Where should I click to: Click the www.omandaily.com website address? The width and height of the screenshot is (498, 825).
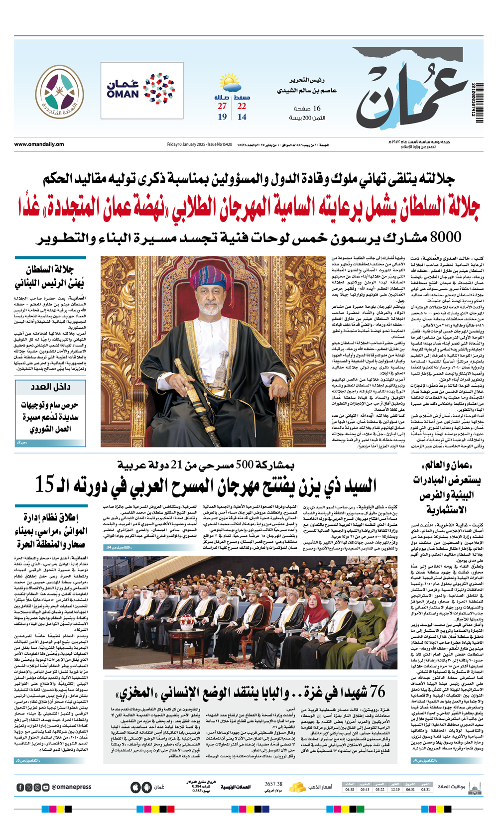[39, 144]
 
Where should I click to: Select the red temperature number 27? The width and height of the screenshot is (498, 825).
[222, 106]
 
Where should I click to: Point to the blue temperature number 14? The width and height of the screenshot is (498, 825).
[242, 117]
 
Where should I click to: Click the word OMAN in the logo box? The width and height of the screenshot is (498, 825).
[123, 94]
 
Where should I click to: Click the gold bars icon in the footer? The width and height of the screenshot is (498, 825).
[297, 787]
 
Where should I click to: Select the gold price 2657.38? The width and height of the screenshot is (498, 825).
[273, 784]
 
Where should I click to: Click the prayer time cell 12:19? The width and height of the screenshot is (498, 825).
[395, 789]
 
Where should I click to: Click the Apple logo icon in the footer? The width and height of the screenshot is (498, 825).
[135, 787]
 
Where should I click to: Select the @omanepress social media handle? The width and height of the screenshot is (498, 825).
[71, 787]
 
